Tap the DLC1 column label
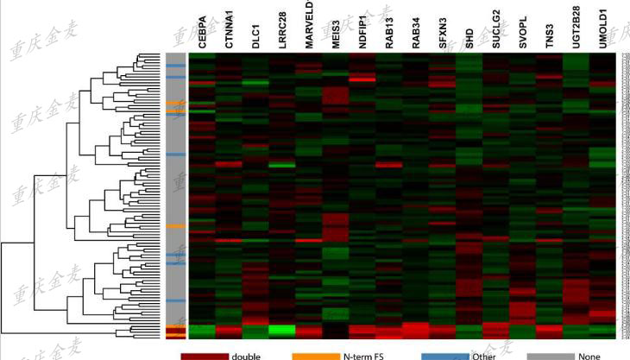point(255,36)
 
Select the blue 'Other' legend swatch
point(446,354)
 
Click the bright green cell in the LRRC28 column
point(282,329)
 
